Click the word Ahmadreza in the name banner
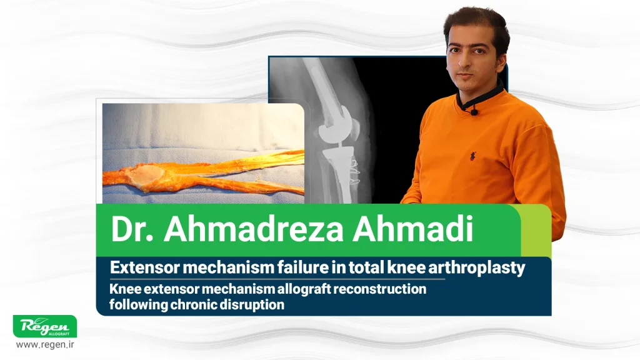[254, 229]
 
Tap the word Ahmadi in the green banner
[412, 229]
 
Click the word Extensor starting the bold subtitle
[145, 267]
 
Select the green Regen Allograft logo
[45, 326]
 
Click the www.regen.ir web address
[45, 344]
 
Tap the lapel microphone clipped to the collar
[474, 111]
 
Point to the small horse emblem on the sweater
[472, 156]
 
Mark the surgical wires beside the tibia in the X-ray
[354, 171]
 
